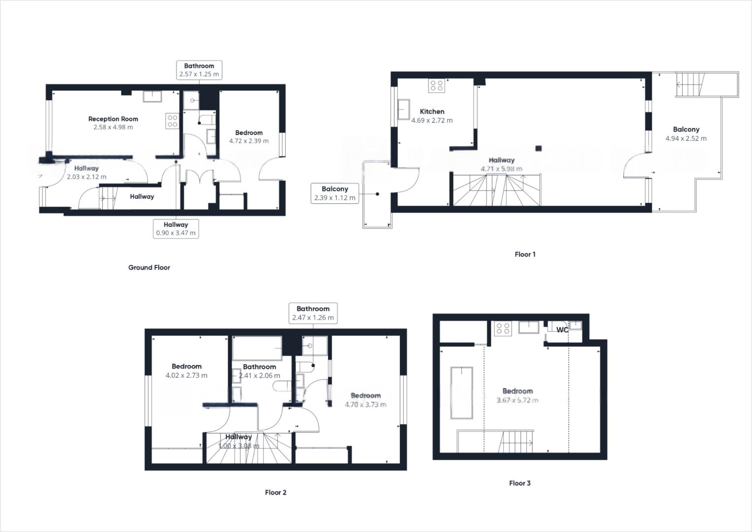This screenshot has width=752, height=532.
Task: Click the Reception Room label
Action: click(113, 119)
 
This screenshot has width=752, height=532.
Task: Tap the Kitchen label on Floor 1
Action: click(432, 112)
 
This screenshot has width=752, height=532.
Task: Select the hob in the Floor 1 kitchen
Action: click(436, 86)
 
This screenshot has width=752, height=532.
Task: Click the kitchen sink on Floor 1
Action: click(404, 109)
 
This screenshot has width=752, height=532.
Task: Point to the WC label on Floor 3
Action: click(562, 330)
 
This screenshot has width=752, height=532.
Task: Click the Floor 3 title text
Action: click(520, 483)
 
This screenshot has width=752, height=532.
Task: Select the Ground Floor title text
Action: click(149, 267)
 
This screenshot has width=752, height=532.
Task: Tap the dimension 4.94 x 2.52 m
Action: click(686, 138)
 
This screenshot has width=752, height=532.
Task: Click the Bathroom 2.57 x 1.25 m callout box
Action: click(199, 70)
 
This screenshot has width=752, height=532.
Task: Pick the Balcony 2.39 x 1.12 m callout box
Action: click(334, 194)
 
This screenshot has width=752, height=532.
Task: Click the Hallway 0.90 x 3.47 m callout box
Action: click(176, 229)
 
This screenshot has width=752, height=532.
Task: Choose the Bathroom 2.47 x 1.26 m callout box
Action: click(313, 313)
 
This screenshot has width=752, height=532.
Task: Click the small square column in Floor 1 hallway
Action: click(538, 147)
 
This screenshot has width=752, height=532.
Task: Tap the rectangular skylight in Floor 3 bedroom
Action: click(461, 393)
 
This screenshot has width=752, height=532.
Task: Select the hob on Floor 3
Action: click(503, 329)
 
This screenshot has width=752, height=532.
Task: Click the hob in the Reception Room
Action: click(172, 121)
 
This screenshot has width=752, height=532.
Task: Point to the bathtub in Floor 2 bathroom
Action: click(257, 348)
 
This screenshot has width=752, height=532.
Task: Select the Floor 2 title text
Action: click(275, 493)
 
